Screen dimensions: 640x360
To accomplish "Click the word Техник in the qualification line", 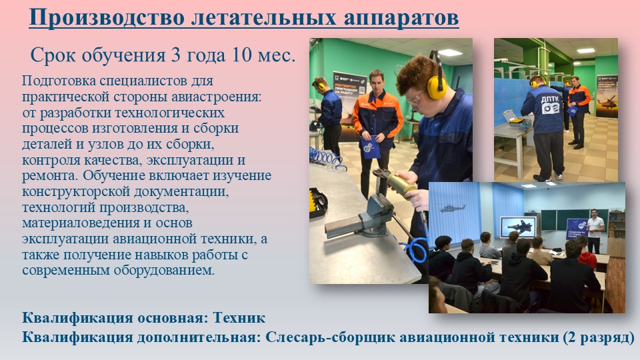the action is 239,317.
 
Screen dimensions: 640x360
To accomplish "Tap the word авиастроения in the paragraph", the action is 215,97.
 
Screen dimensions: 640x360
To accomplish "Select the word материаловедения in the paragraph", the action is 81,223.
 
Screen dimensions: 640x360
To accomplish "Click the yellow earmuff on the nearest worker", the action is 436,87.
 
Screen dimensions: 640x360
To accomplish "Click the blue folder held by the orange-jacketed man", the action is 370,147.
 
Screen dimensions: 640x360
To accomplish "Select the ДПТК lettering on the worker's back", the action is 548,100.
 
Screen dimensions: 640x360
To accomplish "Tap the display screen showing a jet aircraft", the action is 519,227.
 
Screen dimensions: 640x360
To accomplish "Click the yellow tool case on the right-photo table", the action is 513,119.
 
